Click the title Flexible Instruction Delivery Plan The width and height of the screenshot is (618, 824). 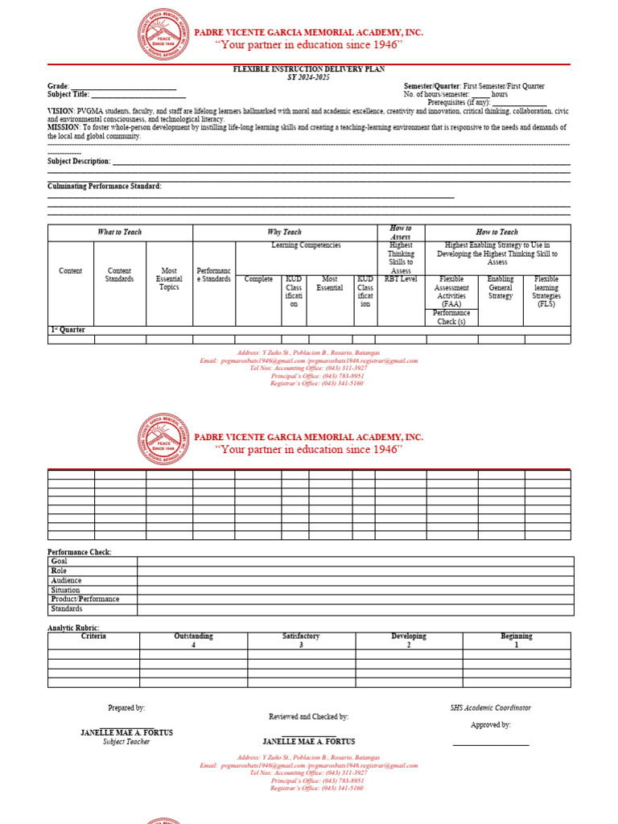coord(309,70)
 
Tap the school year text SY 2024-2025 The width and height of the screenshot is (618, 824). coord(309,77)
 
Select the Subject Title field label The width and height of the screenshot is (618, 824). coord(68,95)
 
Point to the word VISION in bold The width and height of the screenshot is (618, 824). coord(61,110)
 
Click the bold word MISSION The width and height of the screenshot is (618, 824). coord(63,127)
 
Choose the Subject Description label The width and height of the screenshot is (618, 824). coord(79,161)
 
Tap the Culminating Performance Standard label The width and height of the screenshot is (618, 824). coord(105,186)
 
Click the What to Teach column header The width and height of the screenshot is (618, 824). coord(120,232)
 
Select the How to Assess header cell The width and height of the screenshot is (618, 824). coord(401,233)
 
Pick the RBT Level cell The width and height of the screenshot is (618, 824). coord(401,279)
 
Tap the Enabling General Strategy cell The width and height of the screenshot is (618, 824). coord(501,287)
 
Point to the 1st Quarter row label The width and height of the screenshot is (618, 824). coord(68,330)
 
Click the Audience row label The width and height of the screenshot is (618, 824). coord(66,580)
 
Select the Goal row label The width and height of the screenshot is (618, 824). coord(60,562)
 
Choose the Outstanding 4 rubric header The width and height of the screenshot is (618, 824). coord(193,641)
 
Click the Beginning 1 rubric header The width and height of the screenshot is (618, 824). coord(517,641)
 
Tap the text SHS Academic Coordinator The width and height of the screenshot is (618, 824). coord(490,708)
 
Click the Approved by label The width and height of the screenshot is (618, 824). coord(490,725)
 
